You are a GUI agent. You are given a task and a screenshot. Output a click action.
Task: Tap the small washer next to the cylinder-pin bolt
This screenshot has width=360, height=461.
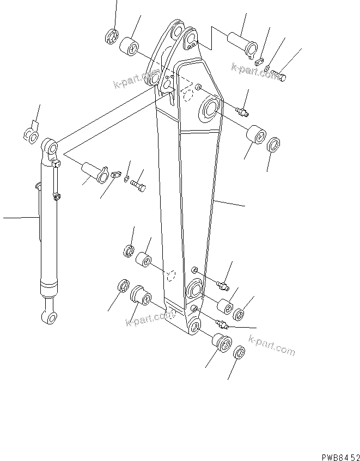coord(126,179)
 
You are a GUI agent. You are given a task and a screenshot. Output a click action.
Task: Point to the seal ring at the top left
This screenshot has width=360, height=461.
coord(112,37)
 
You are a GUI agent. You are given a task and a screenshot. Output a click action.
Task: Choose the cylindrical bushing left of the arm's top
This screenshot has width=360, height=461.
coord(131,46)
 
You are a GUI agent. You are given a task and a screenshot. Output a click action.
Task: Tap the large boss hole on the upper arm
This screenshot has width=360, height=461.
coord(210,110)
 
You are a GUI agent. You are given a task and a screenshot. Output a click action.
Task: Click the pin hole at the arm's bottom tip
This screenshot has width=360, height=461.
coord(194,327)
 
